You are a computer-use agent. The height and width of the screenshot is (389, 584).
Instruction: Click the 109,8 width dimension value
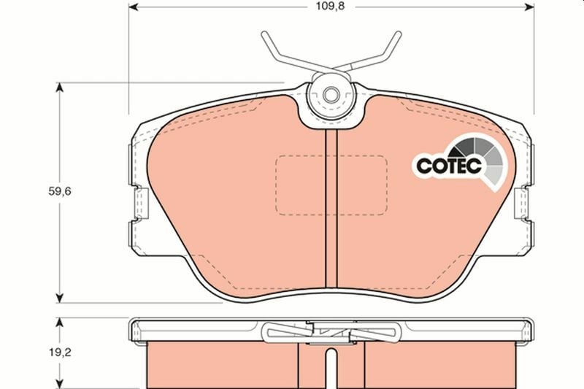coord(331,7)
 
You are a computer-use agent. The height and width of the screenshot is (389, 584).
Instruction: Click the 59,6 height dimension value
coord(60,191)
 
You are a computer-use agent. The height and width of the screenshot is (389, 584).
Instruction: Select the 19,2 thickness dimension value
coord(60,353)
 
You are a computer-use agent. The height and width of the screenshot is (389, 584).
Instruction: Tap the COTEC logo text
coord(448,166)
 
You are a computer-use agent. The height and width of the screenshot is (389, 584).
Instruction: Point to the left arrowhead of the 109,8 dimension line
coord(134,7)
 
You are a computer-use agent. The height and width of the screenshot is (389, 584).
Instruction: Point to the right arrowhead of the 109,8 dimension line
coord(529,7)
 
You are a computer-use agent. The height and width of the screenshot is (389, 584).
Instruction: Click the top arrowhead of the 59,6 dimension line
coord(59,88)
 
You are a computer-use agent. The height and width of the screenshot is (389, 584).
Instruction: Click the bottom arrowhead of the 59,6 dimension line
coord(59,298)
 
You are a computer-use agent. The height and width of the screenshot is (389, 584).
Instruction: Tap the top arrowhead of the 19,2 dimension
coord(59,323)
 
